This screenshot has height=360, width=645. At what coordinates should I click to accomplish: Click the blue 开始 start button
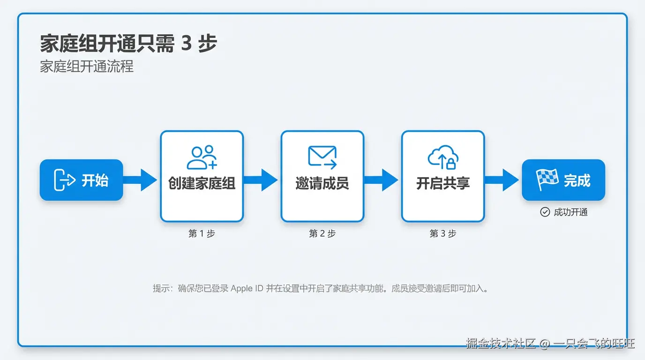click(81, 180)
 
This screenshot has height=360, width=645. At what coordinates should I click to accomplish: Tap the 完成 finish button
click(563, 180)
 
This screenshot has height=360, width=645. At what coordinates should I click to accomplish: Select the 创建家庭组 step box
click(202, 176)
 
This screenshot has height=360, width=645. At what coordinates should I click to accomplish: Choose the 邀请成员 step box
click(322, 176)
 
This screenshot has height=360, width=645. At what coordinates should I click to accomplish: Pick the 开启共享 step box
click(442, 176)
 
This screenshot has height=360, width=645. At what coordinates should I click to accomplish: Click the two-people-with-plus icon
click(202, 157)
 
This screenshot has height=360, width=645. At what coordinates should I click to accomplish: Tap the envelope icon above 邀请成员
click(322, 157)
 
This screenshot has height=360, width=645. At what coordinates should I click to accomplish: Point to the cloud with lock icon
click(443, 157)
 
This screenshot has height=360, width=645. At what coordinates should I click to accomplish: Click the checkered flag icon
click(547, 179)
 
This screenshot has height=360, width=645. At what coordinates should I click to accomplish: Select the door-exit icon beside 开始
click(64, 180)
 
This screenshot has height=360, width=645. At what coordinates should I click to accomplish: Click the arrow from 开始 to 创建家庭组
click(141, 180)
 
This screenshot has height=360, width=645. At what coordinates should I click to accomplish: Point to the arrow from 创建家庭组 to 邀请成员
click(262, 180)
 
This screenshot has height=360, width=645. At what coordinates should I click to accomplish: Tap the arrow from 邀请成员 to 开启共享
click(382, 180)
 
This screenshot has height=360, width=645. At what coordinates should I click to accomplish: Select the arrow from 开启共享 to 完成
click(502, 180)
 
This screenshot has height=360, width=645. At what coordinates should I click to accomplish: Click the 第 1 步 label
click(202, 233)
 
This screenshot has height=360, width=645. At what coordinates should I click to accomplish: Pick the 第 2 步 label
click(322, 233)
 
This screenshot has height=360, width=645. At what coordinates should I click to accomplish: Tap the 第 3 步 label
click(442, 233)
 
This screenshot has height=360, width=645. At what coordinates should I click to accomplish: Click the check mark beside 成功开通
click(545, 212)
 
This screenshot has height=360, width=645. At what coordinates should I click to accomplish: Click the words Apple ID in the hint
click(247, 288)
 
